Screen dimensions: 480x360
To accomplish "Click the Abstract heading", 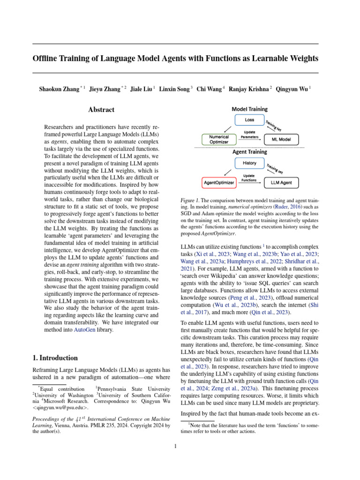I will point(101,110).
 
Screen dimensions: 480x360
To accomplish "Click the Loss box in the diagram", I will point(250,120).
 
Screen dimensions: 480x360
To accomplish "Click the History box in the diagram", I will point(250,163).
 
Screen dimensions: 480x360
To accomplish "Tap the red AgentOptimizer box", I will point(219,182).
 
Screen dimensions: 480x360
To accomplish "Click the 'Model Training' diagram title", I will point(250,109).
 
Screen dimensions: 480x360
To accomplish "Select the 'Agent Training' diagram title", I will point(250,152).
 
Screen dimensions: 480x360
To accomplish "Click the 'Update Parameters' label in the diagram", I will point(249,134).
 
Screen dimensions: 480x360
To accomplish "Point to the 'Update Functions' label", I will point(249,177).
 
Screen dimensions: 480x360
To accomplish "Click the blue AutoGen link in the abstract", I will point(84,330).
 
